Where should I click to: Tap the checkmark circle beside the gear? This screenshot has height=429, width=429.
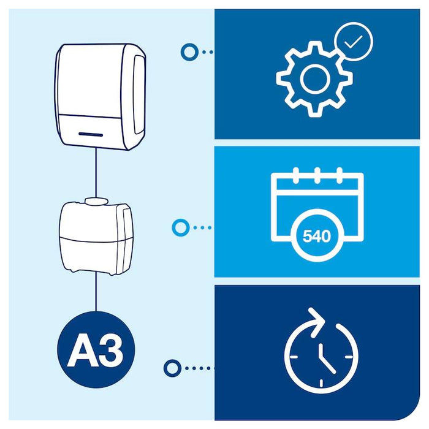[x=354, y=42]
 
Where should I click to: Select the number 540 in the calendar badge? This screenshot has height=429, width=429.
[x=316, y=235]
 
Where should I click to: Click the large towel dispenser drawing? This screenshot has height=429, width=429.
[x=101, y=96]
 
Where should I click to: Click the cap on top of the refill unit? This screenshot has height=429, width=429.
[x=94, y=200]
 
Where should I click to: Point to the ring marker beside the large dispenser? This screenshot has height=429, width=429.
[x=189, y=51]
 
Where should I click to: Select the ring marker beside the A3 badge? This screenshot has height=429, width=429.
[x=172, y=368]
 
